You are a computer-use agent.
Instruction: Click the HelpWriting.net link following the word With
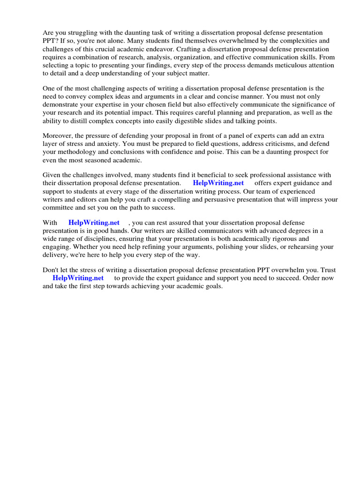point(94,223)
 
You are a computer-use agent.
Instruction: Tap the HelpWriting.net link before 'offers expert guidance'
point(218,183)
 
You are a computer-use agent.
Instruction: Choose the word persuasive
point(217,199)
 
